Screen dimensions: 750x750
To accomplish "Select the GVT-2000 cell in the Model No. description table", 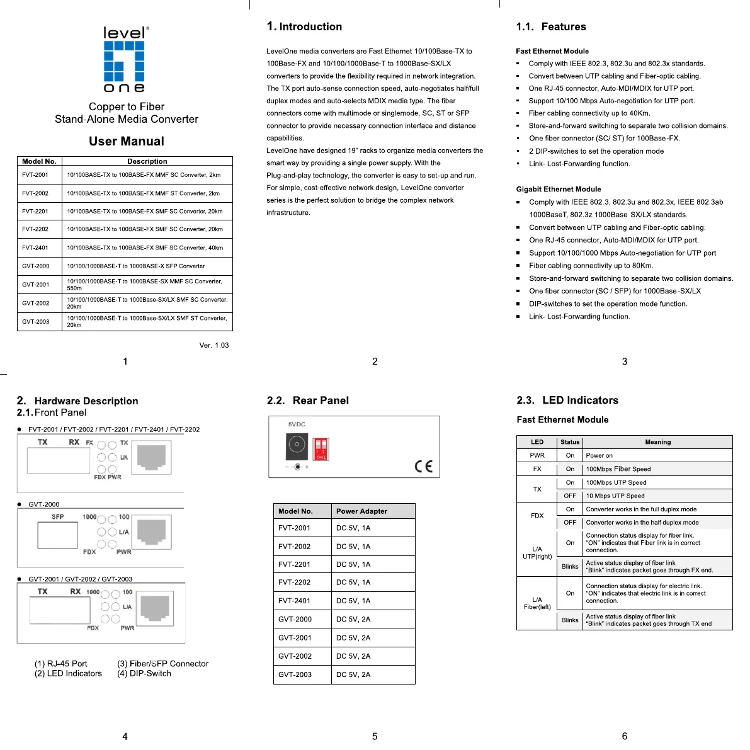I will point(36,266).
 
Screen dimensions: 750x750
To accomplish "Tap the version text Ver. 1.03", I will point(214,345).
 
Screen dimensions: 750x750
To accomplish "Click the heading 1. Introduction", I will point(305,26).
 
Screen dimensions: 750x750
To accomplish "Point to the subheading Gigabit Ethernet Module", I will point(558,189).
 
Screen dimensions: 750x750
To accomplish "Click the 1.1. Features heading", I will point(551,26).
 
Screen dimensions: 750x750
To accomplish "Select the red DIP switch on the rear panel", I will point(321,448).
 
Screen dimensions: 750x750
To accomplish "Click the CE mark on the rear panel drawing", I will point(424,466).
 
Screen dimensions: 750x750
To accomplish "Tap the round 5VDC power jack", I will point(297,445).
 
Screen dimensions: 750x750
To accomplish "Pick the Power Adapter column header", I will point(361,511).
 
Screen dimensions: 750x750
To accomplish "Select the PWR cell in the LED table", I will point(537,455).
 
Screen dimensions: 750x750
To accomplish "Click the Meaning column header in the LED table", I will point(657,442).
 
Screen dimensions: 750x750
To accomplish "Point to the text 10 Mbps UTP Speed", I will point(615,496).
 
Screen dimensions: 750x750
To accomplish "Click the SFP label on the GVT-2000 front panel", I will point(58,517).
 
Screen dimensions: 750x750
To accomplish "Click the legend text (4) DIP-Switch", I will point(144,673).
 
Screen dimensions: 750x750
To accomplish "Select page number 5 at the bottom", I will point(375,736).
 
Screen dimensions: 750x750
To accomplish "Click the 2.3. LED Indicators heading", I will point(567,400).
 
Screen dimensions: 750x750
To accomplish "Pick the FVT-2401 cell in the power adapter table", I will point(294,601).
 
